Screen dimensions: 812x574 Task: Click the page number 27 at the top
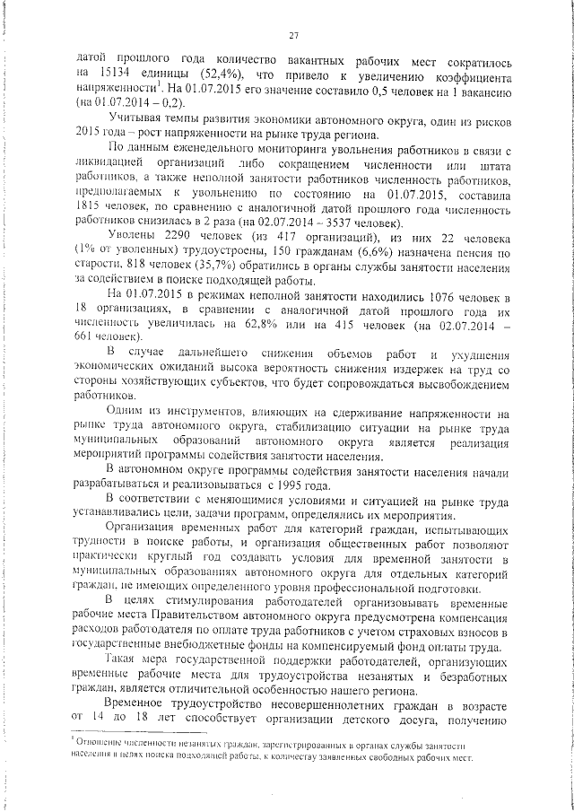pyautogui.click(x=292, y=35)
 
